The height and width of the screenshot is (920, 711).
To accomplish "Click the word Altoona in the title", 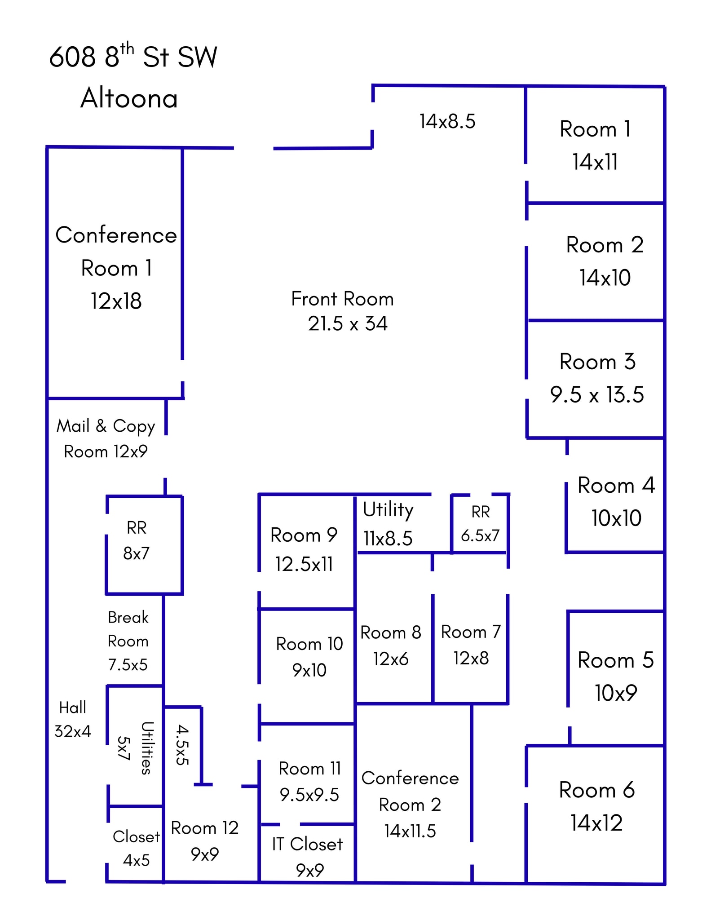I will click(x=129, y=98).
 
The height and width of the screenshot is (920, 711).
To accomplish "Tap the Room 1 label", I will click(x=595, y=129).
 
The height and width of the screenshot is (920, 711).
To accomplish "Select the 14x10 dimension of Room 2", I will click(x=605, y=278).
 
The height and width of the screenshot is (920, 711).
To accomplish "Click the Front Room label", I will click(x=342, y=299).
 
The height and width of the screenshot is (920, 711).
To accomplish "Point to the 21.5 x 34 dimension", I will click(x=347, y=323).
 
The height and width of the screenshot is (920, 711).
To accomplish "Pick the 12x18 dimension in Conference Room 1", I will click(x=116, y=301).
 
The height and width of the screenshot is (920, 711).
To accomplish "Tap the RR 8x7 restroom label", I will click(x=136, y=540).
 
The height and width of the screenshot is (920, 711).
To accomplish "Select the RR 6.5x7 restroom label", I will click(x=480, y=523).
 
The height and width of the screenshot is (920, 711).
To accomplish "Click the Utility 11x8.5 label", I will click(x=388, y=523).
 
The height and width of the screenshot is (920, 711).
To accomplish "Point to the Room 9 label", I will click(x=304, y=535).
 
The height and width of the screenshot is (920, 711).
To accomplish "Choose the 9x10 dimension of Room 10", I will click(x=309, y=670).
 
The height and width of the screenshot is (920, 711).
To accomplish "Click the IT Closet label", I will click(x=307, y=844).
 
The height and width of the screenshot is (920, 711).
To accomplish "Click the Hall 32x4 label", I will click(x=73, y=719).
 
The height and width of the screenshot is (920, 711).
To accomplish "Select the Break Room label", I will click(x=128, y=629).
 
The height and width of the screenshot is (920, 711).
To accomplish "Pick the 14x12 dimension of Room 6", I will click(x=596, y=823).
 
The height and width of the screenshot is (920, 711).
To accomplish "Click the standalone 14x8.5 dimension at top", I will click(x=447, y=121).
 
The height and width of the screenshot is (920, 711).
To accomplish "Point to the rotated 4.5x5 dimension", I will click(x=182, y=744).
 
